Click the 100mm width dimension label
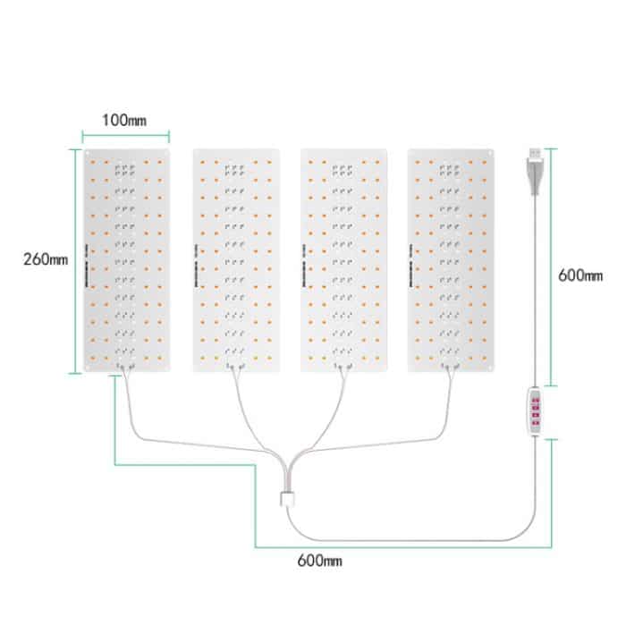coord(126,118)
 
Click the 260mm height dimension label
coord(46,259)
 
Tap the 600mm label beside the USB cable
coord(579,275)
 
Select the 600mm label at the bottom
coord(320,562)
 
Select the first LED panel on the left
coord(125,259)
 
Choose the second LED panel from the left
coord(236,259)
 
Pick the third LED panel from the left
coord(344,259)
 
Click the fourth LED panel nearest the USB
coord(452,259)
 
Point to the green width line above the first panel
coord(126,135)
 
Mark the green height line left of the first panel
coord(73,259)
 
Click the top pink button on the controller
coord(536,399)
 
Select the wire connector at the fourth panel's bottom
coord(452,364)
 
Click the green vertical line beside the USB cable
coord(552,268)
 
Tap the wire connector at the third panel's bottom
coord(344,364)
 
